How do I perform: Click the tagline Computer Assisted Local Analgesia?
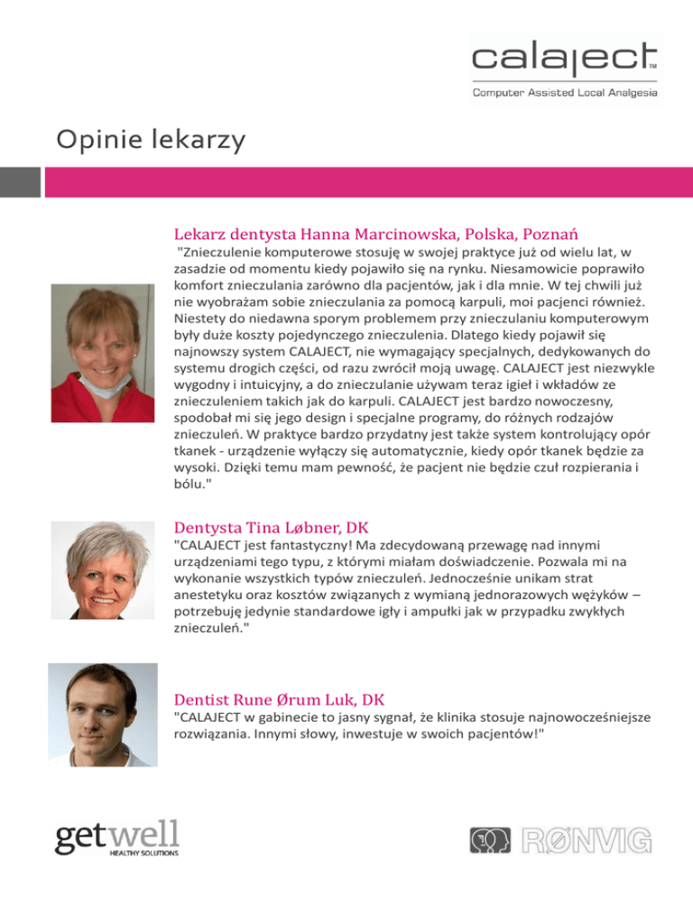(x=567, y=92)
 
